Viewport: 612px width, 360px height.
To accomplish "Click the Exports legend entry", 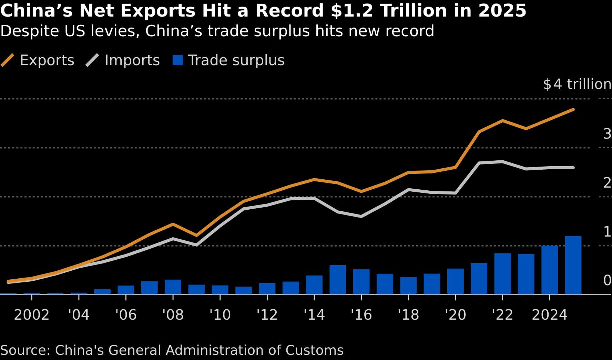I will coord(38,60).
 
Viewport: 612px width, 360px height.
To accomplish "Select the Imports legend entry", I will coord(123,60).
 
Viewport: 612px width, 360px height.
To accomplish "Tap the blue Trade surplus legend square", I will coord(178,60).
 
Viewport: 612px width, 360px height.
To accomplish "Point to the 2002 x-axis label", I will coord(32,315).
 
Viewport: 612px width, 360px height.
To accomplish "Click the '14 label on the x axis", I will coord(314,315).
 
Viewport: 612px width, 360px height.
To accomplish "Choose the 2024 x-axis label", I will coord(549,315).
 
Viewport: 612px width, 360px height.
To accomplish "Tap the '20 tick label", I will coord(455,315).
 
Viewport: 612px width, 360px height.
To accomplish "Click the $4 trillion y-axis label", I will coord(577,84).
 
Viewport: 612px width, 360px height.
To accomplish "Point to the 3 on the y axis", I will coord(607,134).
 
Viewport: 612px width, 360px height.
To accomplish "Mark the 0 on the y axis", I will coord(607,280).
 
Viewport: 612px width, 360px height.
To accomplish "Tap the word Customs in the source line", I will coord(314,350).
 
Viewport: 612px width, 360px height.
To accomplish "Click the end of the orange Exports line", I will coord(573,110).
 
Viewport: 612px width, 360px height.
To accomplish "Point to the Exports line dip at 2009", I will coord(196,236).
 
